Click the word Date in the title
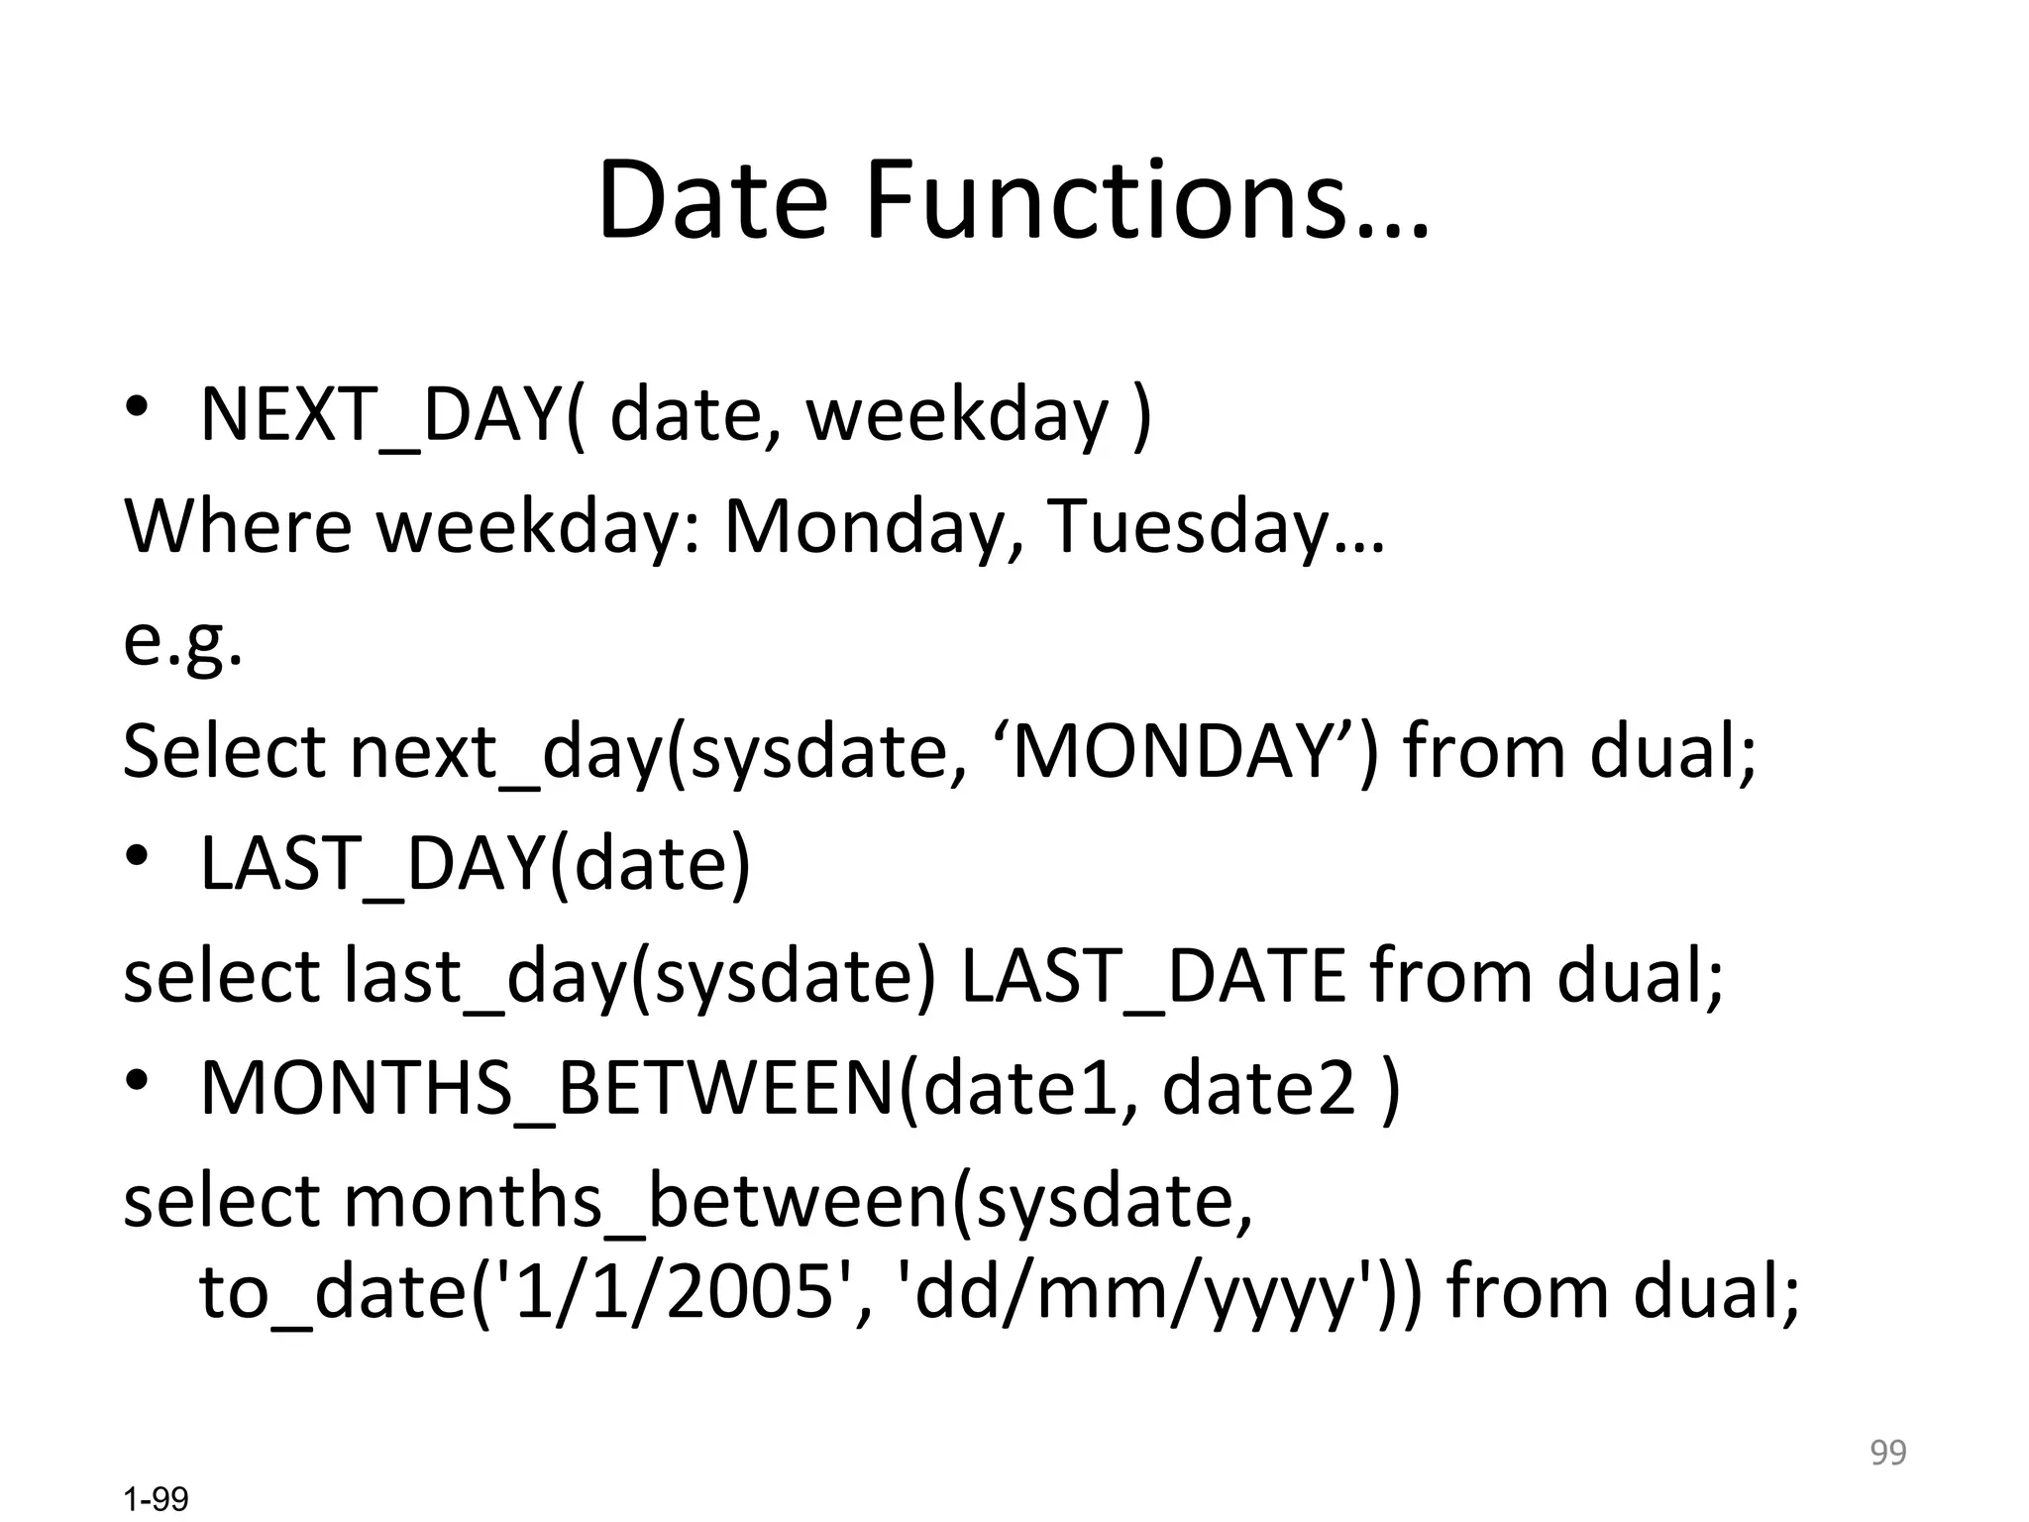tap(711, 201)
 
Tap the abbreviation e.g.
tap(182, 639)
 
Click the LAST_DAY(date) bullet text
tap(476, 863)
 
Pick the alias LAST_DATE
tap(1152, 976)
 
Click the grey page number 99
tap(1887, 1453)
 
